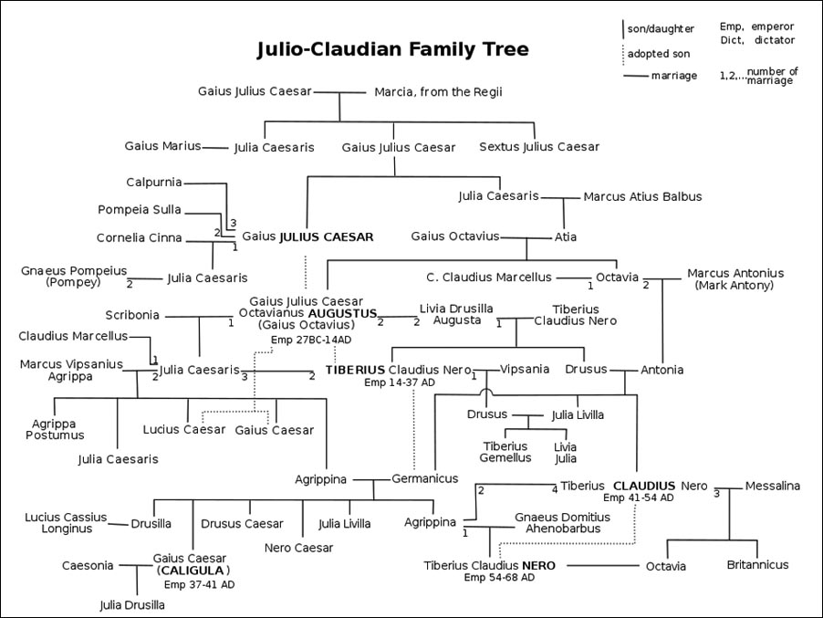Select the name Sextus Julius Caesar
point(539,147)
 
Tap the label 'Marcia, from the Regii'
point(439,92)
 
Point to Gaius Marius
point(163,146)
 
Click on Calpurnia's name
point(154,183)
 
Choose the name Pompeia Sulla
point(140,210)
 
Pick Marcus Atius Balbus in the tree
point(641,196)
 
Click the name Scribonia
point(132,316)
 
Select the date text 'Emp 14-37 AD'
point(400,382)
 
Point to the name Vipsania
point(525,370)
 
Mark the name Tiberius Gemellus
point(505,452)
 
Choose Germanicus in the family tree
point(425,478)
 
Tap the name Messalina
point(773,486)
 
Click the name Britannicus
point(757,565)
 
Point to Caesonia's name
point(88,566)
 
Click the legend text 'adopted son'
point(658,54)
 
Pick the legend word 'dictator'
point(775,40)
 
